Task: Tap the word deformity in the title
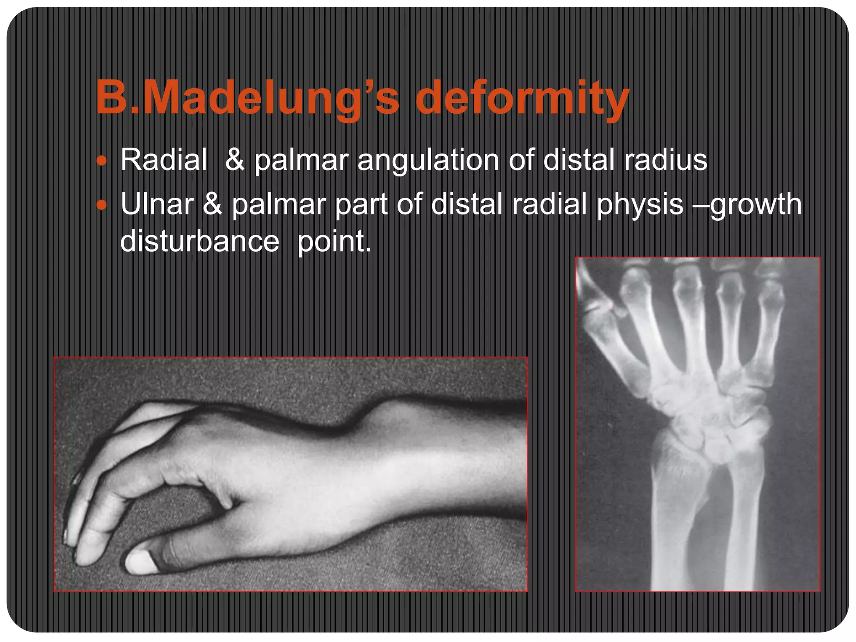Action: click(522, 98)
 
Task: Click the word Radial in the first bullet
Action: click(163, 160)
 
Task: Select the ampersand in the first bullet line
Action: click(234, 160)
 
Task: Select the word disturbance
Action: click(199, 241)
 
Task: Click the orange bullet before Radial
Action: click(102, 161)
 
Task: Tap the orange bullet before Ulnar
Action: click(102, 205)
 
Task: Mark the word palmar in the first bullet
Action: click(301, 160)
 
